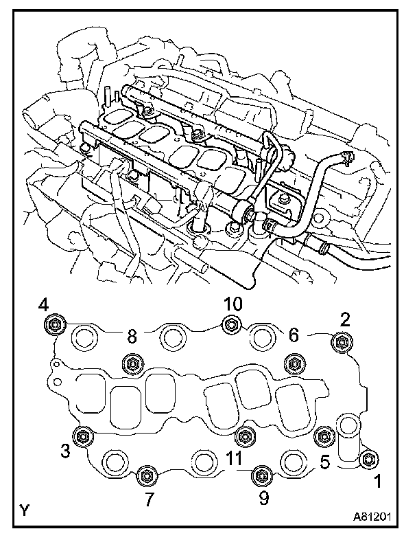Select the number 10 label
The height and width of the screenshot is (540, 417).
233,304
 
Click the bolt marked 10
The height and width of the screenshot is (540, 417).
233,324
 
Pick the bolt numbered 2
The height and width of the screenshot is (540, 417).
341,341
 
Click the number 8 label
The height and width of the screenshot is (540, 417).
132,336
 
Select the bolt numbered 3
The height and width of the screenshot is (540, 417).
84,436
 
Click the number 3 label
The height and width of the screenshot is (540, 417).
65,451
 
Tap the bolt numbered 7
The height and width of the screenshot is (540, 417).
146,475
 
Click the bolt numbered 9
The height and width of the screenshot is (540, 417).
261,475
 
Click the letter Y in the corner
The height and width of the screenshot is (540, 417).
24,510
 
